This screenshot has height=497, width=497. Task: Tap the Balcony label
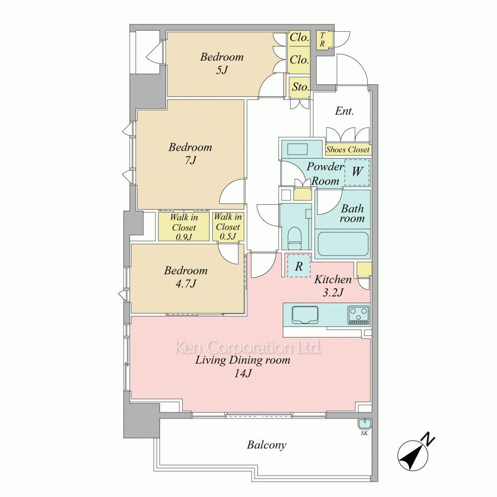pyautogui.click(x=266, y=445)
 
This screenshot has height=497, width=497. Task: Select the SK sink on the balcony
pyautogui.click(x=364, y=424)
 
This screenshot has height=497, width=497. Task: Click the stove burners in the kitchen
pyautogui.click(x=359, y=314)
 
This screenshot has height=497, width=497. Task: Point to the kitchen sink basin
pyautogui.click(x=305, y=315)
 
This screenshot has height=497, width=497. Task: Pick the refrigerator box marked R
pyautogui.click(x=299, y=266)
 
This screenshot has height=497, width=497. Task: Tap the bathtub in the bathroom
pyautogui.click(x=342, y=244)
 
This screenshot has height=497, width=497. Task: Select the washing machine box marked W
pyautogui.click(x=357, y=172)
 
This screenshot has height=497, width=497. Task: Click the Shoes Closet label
pyautogui.click(x=348, y=149)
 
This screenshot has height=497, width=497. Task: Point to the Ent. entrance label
pyautogui.click(x=344, y=111)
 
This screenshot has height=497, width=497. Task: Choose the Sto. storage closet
pyautogui.click(x=300, y=86)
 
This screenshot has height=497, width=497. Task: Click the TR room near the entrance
pyautogui.click(x=325, y=39)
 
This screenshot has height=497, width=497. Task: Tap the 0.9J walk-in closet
pyautogui.click(x=184, y=227)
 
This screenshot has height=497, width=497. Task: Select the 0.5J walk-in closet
pyautogui.click(x=228, y=226)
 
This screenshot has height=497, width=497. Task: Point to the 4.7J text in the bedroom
pyautogui.click(x=186, y=283)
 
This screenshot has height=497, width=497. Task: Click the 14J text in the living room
pyautogui.click(x=243, y=373)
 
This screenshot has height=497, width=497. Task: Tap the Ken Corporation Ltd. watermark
pyautogui.click(x=248, y=347)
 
